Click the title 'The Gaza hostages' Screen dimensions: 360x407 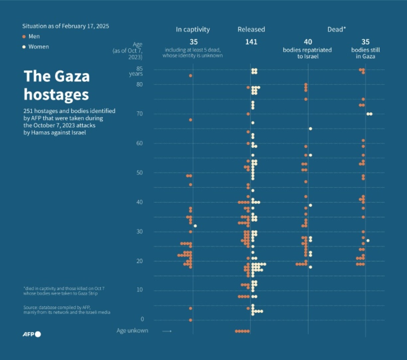click(x=57, y=85)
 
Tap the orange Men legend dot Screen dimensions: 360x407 click(x=24, y=37)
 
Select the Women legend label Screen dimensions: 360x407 click(x=39, y=47)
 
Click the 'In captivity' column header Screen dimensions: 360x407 click(x=193, y=30)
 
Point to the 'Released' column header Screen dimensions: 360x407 click(x=251, y=30)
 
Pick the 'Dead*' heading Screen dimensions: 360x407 click(x=337, y=30)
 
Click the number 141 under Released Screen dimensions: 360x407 click(x=251, y=42)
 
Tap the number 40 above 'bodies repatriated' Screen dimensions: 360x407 click(x=308, y=42)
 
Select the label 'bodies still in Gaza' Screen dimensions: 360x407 click(x=365, y=53)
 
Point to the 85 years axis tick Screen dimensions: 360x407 click(x=136, y=71)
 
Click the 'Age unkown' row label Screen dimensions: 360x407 click(x=132, y=331)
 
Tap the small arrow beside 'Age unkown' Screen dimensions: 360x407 click(x=167, y=331)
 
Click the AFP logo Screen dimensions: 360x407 click(x=32, y=334)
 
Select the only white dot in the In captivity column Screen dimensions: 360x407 click(x=195, y=226)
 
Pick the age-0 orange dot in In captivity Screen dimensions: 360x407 click(x=191, y=320)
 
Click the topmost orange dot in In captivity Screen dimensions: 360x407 click(x=191, y=76)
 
